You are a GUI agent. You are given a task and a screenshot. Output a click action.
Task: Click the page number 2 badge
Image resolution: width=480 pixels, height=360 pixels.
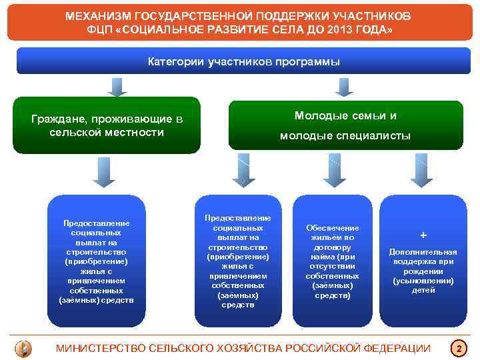pyautogui.click(x=459, y=348)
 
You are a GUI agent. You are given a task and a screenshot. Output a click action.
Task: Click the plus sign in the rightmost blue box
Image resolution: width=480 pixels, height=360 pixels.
pyautogui.click(x=423, y=235)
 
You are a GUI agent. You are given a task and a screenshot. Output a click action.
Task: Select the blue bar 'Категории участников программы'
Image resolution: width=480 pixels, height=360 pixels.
pyautogui.click(x=243, y=61)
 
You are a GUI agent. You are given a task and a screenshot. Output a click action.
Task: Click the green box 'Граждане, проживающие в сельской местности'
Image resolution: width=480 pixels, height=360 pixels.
pyautogui.click(x=107, y=125)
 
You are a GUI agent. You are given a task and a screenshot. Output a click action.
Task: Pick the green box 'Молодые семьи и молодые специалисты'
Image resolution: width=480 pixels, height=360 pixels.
pyautogui.click(x=345, y=125)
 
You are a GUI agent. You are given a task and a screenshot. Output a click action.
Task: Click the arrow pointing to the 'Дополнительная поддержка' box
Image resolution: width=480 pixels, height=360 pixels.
pyautogui.click(x=421, y=170)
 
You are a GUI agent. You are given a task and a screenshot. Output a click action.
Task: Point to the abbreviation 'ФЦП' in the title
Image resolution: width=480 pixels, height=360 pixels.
pyautogui.click(x=100, y=31)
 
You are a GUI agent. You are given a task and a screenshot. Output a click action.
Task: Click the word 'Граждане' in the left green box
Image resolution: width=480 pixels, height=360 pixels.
pyautogui.click(x=57, y=119)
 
